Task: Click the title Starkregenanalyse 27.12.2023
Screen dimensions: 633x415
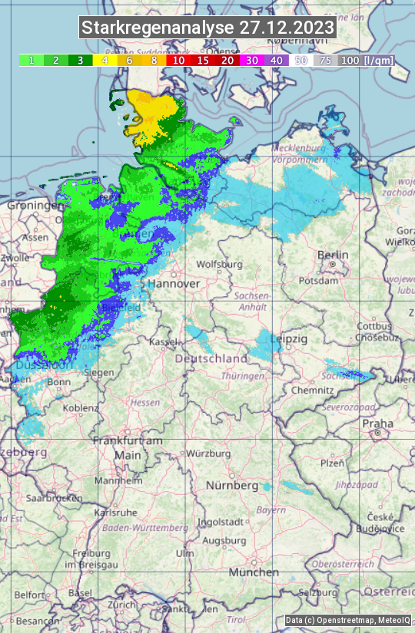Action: coord(207,28)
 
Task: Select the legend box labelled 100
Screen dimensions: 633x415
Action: coord(350,60)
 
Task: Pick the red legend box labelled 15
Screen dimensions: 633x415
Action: coord(203,60)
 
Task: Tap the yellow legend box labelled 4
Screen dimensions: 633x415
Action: coord(105,60)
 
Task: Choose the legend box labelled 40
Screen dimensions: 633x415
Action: coord(277,60)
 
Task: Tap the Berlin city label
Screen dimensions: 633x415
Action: coord(333,255)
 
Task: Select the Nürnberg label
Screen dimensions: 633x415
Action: coord(232,486)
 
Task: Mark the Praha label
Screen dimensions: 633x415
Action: coord(377,424)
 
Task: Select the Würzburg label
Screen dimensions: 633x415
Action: coord(208,453)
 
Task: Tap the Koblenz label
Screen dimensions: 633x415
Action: coord(81,408)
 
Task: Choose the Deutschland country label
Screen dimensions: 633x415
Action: coord(211,358)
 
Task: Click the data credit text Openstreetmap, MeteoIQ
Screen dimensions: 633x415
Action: coord(347,620)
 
